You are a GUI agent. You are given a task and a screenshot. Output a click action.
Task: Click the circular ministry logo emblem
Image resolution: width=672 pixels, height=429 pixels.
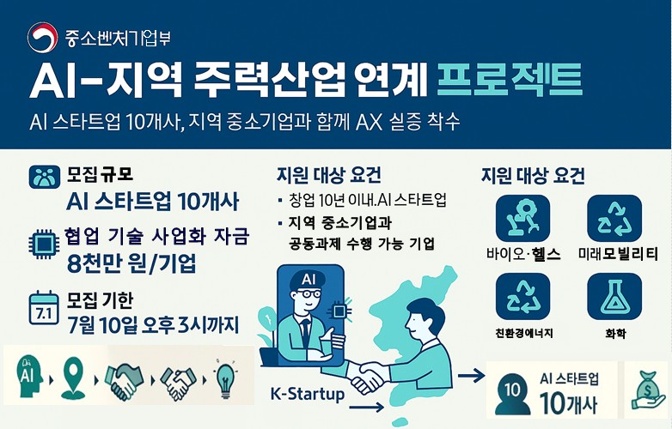[x=41, y=37]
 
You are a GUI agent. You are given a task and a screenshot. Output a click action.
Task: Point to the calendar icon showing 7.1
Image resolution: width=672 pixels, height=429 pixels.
[x=42, y=307]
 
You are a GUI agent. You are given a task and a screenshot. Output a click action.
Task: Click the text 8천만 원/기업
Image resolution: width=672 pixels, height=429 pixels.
[x=131, y=263]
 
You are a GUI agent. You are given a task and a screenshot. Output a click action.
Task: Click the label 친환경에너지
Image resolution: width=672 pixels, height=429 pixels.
[x=522, y=332]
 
